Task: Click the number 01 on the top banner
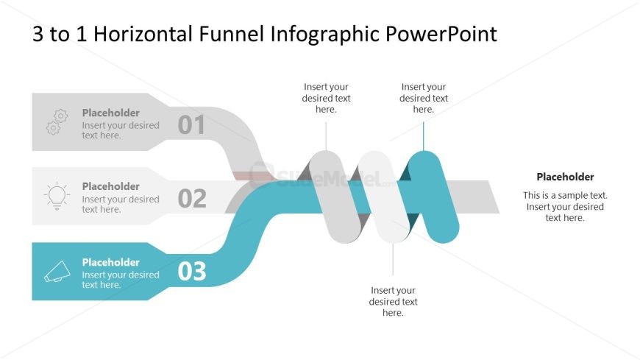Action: pyautogui.click(x=191, y=125)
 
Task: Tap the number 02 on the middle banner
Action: pyautogui.click(x=191, y=199)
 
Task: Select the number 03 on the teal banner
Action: pyautogui.click(x=192, y=272)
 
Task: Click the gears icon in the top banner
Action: pyautogui.click(x=57, y=121)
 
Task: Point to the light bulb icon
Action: pyautogui.click(x=57, y=195)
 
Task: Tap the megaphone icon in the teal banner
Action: pyautogui.click(x=57, y=271)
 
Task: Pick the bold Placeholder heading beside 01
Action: pyautogui.click(x=110, y=113)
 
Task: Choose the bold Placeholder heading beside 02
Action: pyautogui.click(x=110, y=186)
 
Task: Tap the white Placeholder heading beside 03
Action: pyautogui.click(x=110, y=262)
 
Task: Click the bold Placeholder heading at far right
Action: pyautogui.click(x=565, y=177)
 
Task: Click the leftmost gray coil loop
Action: pyautogui.click(x=334, y=197)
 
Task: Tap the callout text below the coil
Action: pyautogui.click(x=393, y=301)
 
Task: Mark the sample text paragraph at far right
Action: pyautogui.click(x=565, y=206)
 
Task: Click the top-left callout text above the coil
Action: pyautogui.click(x=326, y=98)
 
